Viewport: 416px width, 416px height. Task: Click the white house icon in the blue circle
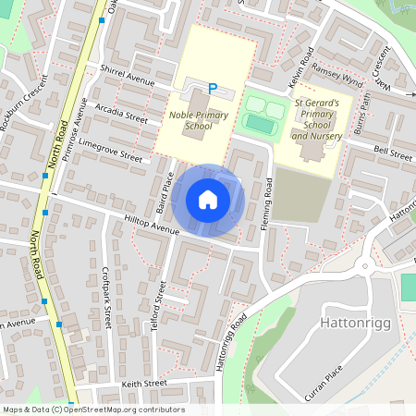point(208,200)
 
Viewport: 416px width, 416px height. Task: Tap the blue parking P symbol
point(213,89)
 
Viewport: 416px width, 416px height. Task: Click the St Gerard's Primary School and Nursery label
point(317,120)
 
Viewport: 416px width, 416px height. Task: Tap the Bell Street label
point(392,153)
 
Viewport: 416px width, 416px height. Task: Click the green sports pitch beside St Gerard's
point(260,122)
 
